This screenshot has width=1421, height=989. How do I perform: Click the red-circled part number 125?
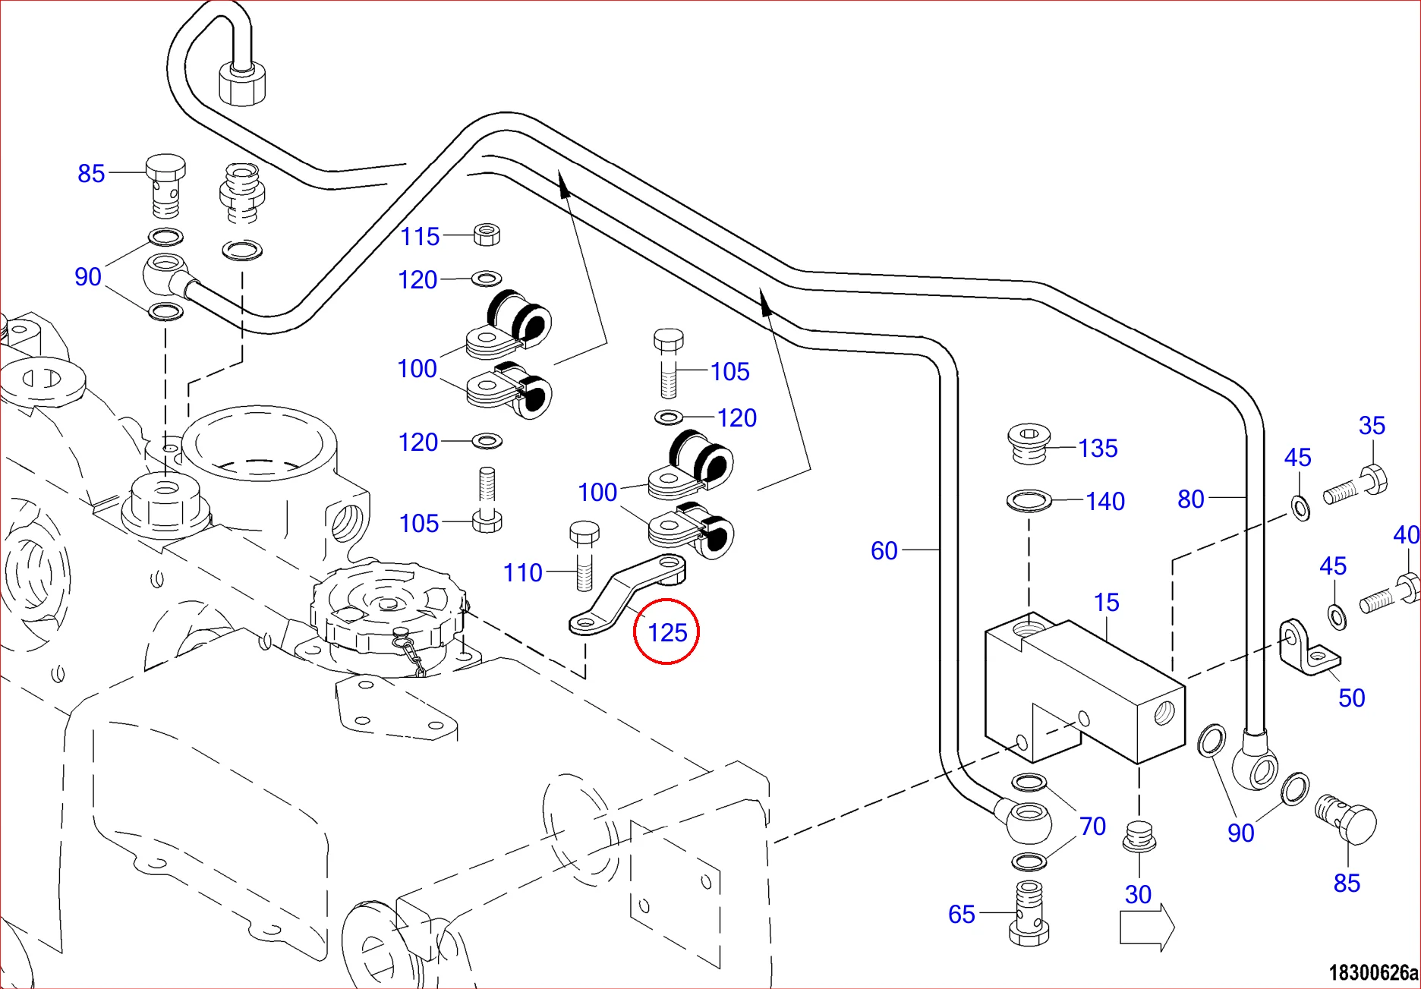[x=666, y=632]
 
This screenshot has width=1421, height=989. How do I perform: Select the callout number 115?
[x=420, y=237]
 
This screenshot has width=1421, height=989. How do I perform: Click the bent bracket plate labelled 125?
[x=626, y=596]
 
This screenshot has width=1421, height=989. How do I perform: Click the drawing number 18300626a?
[x=1372, y=972]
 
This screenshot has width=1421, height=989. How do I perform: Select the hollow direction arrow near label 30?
[x=1147, y=926]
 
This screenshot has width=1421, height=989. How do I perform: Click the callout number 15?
[x=1106, y=603]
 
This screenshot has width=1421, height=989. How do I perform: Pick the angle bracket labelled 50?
[x=1307, y=648]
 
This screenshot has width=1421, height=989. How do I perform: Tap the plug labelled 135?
[x=1029, y=444]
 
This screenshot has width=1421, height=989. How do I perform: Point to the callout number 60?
[x=884, y=550]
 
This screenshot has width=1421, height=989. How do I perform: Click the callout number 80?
[x=1190, y=499]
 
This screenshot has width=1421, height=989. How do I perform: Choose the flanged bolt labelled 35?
[x=1357, y=487]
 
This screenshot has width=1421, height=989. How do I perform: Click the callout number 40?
[x=1406, y=535]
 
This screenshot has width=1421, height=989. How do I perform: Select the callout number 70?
[x=1092, y=826]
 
